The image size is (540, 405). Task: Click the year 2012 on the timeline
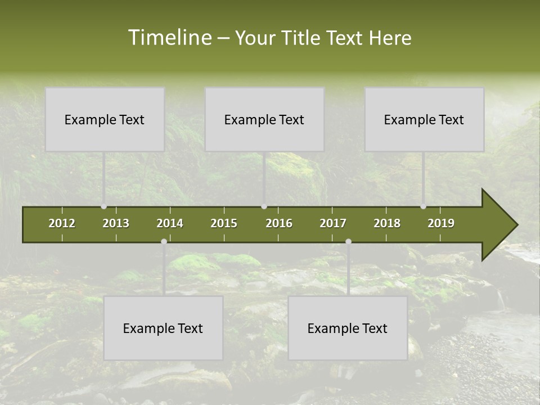point(62,223)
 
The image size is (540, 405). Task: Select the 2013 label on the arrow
point(116,223)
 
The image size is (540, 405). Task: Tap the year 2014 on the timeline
point(170,223)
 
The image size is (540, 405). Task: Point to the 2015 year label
point(224,223)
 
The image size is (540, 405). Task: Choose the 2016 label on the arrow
point(279,223)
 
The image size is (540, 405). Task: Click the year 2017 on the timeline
point(333,223)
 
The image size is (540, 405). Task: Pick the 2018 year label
point(387,223)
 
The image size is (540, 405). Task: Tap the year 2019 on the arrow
point(441,223)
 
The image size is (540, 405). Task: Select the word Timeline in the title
point(169,38)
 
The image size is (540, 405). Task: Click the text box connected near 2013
point(105,119)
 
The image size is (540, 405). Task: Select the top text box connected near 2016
point(264,119)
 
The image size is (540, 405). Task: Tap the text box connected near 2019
point(424,119)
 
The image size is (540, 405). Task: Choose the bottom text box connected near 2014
point(163,328)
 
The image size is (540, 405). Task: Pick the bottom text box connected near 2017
point(348,328)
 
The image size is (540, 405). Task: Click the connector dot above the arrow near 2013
point(103,206)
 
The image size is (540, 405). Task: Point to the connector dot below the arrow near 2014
point(164,241)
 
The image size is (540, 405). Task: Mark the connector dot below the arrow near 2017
point(348,241)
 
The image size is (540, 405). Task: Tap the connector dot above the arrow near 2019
point(423,206)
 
